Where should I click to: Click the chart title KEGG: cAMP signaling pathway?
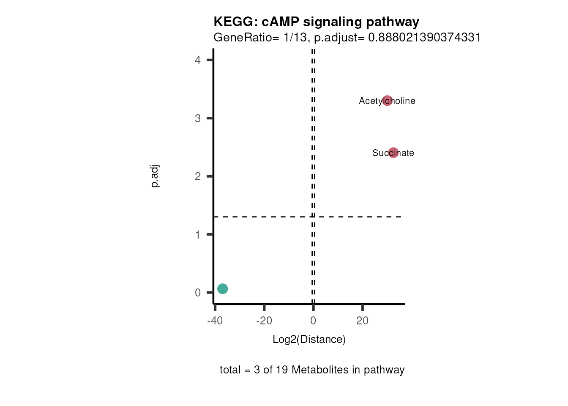316,22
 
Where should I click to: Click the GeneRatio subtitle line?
347,38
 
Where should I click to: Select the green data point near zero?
223,289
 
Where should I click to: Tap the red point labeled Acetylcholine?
387,101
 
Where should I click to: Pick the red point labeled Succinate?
393,153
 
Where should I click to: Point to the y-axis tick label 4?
198,60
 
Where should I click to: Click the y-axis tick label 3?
198,118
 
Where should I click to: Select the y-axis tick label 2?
198,176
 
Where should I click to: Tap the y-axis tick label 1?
198,235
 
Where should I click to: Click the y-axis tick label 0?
198,293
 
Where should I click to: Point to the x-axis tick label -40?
215,321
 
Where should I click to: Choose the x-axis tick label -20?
264,321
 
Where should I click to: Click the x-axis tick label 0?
313,321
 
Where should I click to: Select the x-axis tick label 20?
362,321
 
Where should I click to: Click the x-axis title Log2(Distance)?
309,340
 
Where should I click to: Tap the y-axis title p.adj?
155,176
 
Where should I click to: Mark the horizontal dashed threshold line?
262,217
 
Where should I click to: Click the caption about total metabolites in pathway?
312,370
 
